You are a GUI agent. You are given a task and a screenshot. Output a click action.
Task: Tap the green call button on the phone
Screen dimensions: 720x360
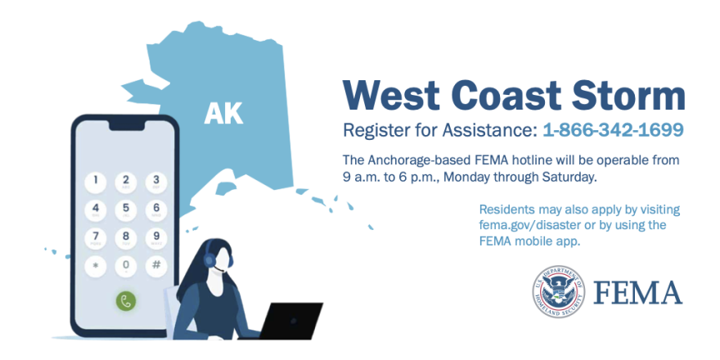coord(125,301)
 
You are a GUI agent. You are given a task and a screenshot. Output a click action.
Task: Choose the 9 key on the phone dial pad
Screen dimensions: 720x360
coord(156,238)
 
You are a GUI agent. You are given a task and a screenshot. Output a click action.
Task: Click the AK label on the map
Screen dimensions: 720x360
coord(223,114)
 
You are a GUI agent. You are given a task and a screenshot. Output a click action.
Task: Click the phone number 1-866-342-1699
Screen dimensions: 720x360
coord(613,130)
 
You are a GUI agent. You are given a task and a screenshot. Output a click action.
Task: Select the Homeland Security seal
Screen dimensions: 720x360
coord(558,291)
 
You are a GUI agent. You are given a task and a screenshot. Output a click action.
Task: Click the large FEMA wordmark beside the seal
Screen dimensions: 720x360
coord(638,293)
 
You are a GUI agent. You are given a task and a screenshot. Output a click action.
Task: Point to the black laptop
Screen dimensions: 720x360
coord(290,321)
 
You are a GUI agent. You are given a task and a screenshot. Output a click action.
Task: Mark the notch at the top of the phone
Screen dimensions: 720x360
coord(126,125)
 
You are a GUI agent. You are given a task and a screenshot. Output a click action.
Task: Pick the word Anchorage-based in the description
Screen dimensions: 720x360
coord(408,161)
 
